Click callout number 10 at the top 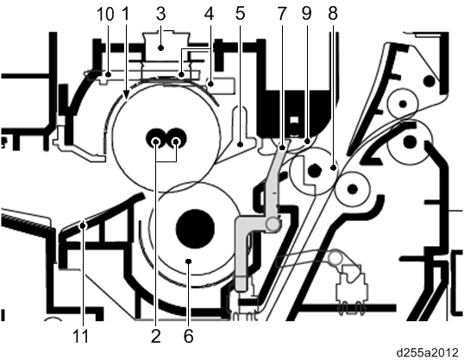click(x=105, y=14)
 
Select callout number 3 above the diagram click(x=160, y=14)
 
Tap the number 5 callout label click(x=240, y=14)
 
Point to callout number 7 click(x=281, y=14)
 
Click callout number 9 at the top click(x=306, y=14)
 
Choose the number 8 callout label click(x=333, y=14)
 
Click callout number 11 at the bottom click(x=80, y=336)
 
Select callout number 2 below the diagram click(x=156, y=336)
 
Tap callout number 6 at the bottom click(x=189, y=336)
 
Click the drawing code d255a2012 click(x=427, y=352)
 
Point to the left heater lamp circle click(x=155, y=142)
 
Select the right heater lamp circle click(x=176, y=142)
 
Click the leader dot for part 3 click(x=160, y=47)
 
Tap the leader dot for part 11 click(x=83, y=226)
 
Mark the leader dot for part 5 click(x=241, y=144)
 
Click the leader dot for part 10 click(x=109, y=74)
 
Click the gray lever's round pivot click(x=273, y=224)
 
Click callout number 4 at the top click(x=210, y=14)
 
